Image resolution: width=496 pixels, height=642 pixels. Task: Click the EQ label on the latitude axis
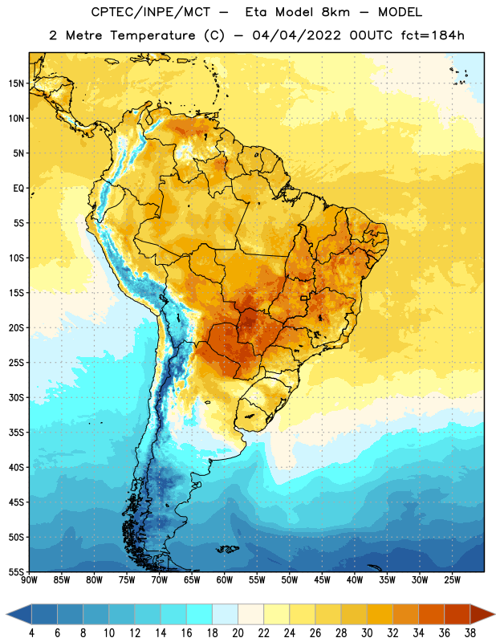[x=18, y=189]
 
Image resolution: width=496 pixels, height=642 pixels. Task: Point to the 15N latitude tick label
[x=16, y=83]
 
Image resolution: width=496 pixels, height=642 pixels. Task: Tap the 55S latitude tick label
[x=16, y=571]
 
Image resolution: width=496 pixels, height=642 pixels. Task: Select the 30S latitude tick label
[x=16, y=397]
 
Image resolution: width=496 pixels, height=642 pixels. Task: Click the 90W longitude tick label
[x=29, y=580]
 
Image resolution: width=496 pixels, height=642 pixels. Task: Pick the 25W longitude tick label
[x=453, y=580]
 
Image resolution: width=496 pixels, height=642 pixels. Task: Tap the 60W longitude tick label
[x=225, y=580]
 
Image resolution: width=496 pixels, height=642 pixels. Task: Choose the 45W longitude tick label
[x=323, y=580]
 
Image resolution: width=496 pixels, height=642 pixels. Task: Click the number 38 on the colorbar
[x=470, y=633]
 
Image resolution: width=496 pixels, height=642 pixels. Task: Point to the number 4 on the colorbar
[x=31, y=633]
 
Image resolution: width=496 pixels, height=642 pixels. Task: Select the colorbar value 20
[x=238, y=633]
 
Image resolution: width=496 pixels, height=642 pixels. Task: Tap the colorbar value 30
[x=367, y=633]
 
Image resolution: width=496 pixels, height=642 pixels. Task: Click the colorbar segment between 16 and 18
[x=200, y=615]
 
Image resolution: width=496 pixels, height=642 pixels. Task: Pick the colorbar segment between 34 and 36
[x=432, y=615]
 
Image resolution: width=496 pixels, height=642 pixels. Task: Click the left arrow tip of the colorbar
[x=6, y=615]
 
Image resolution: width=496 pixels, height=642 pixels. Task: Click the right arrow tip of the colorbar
[x=494, y=615]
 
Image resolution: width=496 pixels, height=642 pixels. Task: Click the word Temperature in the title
[x=152, y=35]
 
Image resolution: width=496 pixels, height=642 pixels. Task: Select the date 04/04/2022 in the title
[x=296, y=35]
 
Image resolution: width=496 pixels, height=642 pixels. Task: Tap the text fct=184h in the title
[x=433, y=35]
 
